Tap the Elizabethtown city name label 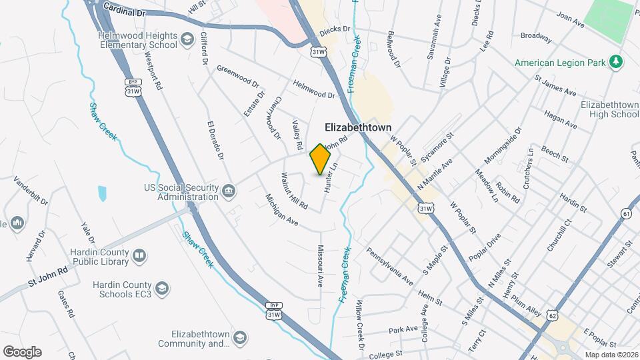click(358, 127)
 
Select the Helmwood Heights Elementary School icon click(188, 42)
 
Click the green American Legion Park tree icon click(617, 62)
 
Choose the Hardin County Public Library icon click(139, 255)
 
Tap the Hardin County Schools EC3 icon click(163, 288)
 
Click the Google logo click(22, 352)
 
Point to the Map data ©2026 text click(611, 355)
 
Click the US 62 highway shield click(553, 313)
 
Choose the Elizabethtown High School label click(609, 110)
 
